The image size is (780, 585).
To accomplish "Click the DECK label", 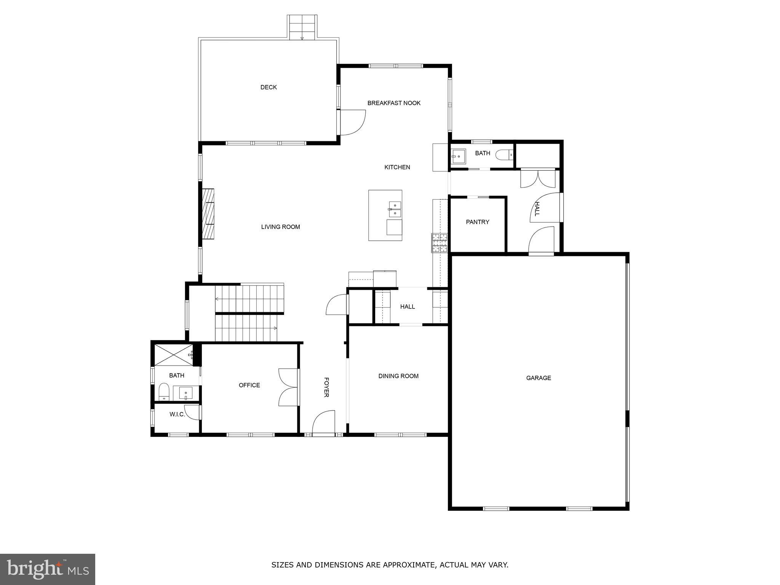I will (x=269, y=87).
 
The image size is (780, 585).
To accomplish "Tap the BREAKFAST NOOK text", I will (x=394, y=103).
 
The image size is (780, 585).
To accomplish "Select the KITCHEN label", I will (x=397, y=167).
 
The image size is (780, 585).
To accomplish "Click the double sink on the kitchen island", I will (x=395, y=209).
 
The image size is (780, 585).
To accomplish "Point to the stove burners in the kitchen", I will (x=440, y=243).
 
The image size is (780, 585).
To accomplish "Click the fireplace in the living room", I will (x=208, y=214).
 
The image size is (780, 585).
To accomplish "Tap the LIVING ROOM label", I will (x=280, y=227).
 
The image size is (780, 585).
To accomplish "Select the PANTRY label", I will (x=477, y=222).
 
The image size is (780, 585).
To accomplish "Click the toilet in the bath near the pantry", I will (x=504, y=155).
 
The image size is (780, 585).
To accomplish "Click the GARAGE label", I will (x=539, y=378).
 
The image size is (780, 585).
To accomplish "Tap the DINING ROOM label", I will (x=398, y=376).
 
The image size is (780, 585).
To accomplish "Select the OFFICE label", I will (x=249, y=385).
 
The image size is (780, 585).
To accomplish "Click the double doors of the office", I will (x=288, y=387).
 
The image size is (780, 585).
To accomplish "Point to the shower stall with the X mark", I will (x=173, y=355).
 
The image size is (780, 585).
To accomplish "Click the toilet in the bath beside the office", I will (x=164, y=392).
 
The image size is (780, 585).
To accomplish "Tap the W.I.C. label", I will (x=177, y=414).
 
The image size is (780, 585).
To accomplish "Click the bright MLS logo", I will (x=47, y=569).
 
